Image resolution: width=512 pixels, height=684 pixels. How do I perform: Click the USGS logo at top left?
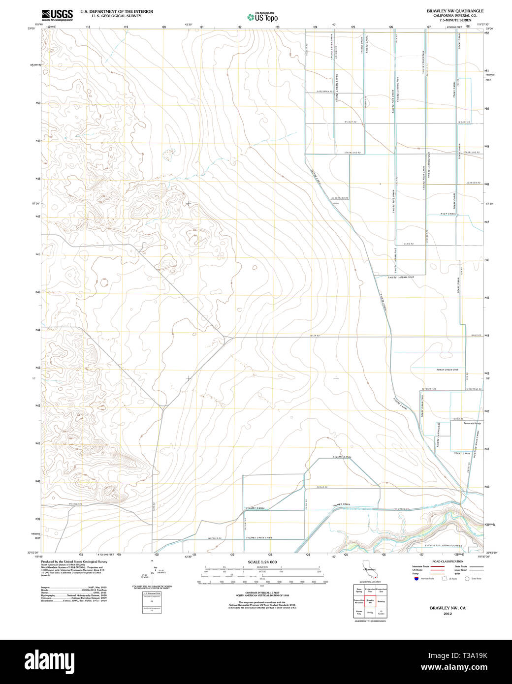tap(57, 14)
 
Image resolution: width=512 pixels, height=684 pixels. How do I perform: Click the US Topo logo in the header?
tap(262, 17)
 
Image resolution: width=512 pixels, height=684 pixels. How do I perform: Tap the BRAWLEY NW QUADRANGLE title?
tap(455, 11)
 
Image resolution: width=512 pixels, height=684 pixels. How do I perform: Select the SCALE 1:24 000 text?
tap(262, 562)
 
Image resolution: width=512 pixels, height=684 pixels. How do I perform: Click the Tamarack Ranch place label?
tap(472, 423)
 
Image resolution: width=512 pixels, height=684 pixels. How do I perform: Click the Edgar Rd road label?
tap(322, 488)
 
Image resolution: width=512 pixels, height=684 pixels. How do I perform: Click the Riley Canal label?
tap(449, 214)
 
